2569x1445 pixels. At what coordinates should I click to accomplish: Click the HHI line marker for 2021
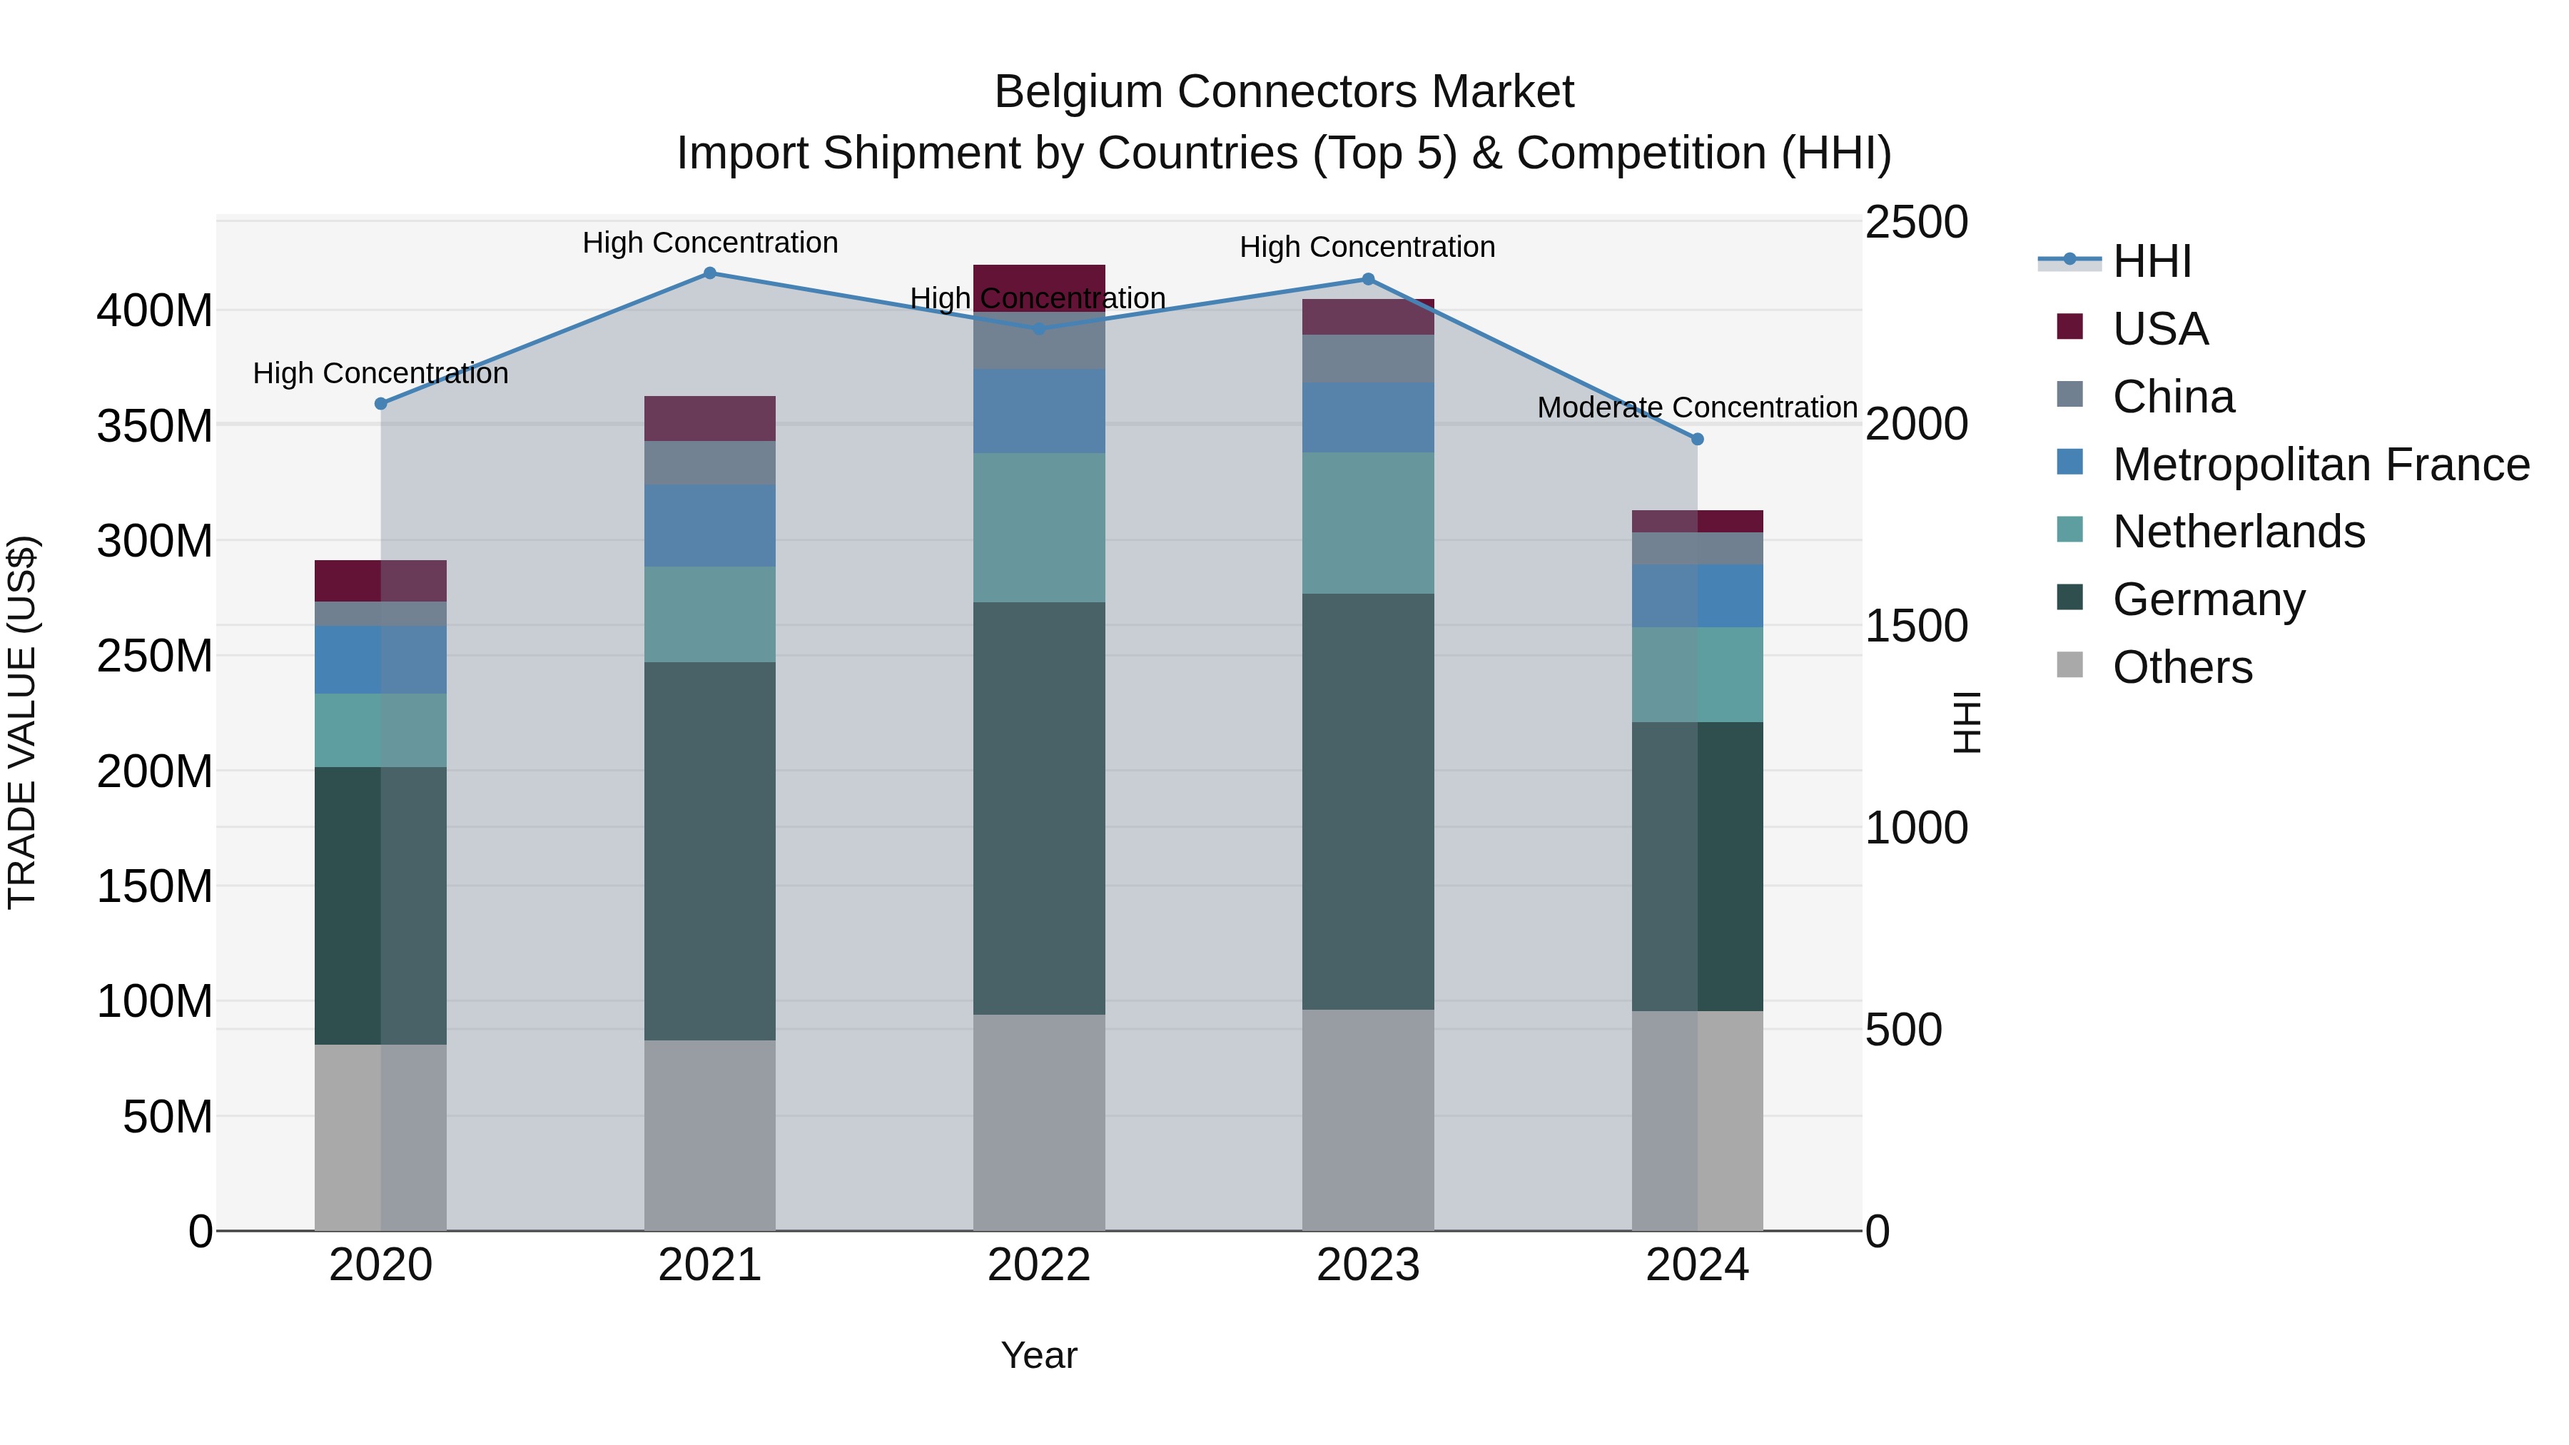(x=709, y=273)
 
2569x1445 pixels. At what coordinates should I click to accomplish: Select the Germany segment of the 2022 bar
(x=1038, y=808)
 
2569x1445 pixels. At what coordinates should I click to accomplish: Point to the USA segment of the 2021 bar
(x=709, y=419)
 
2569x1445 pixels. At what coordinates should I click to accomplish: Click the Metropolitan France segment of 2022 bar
(x=1038, y=411)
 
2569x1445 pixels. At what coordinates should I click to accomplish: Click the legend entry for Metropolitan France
(x=2320, y=465)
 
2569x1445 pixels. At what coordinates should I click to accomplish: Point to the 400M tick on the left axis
(x=155, y=311)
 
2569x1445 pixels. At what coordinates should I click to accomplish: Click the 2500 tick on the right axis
(x=1916, y=223)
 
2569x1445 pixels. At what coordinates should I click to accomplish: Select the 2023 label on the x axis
(x=1367, y=1265)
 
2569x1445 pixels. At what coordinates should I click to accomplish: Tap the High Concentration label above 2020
(x=380, y=373)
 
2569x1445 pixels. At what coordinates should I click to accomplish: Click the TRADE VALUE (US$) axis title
(x=22, y=722)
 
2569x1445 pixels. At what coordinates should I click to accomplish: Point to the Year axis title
(x=1038, y=1355)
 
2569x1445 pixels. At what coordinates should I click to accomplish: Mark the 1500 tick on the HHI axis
(x=1916, y=627)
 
